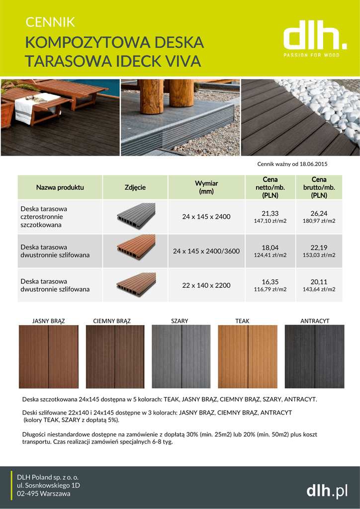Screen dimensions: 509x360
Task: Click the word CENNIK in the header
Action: click(x=50, y=22)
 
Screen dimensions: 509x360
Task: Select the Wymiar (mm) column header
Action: click(x=206, y=187)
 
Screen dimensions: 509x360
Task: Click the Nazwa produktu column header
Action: click(x=60, y=187)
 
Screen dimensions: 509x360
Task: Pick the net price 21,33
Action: click(x=270, y=213)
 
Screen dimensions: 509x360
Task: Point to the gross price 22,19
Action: click(x=319, y=248)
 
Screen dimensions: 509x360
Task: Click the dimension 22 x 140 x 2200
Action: click(x=206, y=285)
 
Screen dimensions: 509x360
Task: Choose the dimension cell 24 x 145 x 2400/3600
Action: click(x=206, y=251)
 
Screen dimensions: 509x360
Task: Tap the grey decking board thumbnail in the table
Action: click(x=136, y=216)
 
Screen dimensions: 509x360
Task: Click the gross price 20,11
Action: click(x=319, y=282)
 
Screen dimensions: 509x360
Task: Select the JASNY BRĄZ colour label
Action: click(x=49, y=321)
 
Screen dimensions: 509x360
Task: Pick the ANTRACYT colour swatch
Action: click(x=314, y=356)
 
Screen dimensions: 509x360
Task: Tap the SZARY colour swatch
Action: click(x=181, y=356)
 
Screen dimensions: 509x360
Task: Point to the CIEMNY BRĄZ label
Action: click(x=112, y=321)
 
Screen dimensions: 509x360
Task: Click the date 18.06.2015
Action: click(x=314, y=164)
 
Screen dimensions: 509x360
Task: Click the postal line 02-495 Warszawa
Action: click(x=44, y=494)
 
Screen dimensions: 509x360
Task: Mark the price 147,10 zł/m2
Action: click(x=270, y=221)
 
